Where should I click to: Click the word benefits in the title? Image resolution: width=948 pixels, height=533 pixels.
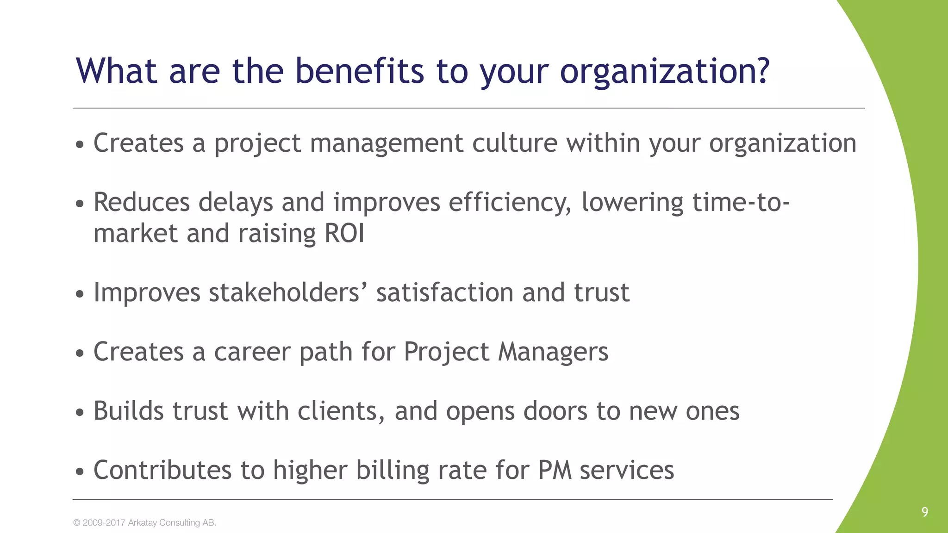coord(359,71)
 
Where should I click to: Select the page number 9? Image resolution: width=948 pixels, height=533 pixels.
coord(924,512)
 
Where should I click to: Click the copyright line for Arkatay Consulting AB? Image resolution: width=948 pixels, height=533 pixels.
coord(144,523)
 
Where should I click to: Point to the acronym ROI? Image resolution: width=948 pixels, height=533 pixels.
coord(344,233)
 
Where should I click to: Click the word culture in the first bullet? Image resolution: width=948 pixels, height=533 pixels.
coord(515,143)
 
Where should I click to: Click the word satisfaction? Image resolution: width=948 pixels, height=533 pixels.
coord(445,293)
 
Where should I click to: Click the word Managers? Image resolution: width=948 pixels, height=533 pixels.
coord(553,352)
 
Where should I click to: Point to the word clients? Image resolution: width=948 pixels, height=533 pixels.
coord(341,411)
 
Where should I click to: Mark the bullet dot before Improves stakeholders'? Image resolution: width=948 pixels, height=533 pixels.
coord(80,294)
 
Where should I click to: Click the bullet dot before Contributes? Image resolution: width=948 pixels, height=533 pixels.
coord(80,472)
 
